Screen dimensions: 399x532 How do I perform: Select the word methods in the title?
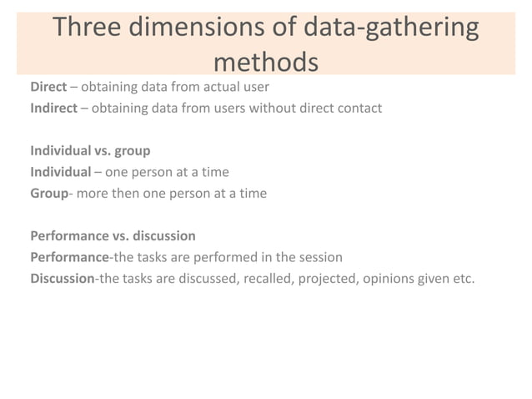pos(266,62)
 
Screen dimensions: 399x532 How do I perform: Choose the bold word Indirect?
pos(54,108)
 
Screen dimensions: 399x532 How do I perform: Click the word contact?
pos(359,108)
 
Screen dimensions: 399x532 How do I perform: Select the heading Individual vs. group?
pos(91,151)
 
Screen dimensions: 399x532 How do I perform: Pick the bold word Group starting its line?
pos(48,194)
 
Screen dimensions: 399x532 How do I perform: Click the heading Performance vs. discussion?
pos(113,236)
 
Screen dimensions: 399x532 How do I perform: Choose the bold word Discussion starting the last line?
pos(62,279)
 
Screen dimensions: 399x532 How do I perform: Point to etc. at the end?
pos(464,279)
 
